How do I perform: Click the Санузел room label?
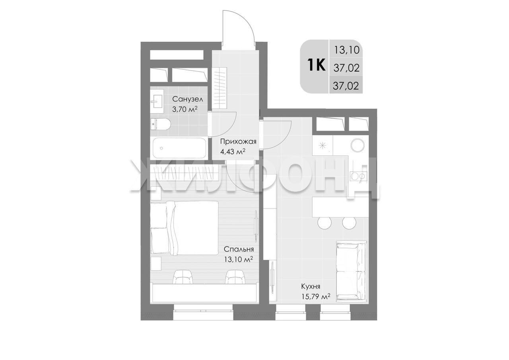tap(187, 99)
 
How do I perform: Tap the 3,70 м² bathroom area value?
tap(185, 109)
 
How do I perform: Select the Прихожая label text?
tap(238, 142)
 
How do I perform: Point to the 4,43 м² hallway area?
tap(233, 151)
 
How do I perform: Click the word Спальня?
tap(239, 249)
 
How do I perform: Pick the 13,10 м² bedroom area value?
tap(238, 259)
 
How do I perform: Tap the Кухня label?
tap(311, 286)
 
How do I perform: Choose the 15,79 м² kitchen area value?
tap(316, 296)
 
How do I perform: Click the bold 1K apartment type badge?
tap(316, 64)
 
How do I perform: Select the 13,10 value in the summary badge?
tap(346, 50)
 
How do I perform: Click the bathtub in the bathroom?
tap(179, 148)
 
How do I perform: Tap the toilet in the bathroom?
tap(160, 125)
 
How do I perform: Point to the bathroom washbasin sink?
tap(157, 101)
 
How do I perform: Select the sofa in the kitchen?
tap(351, 271)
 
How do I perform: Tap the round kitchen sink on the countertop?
tap(357, 145)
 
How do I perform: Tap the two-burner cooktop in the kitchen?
tap(359, 176)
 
